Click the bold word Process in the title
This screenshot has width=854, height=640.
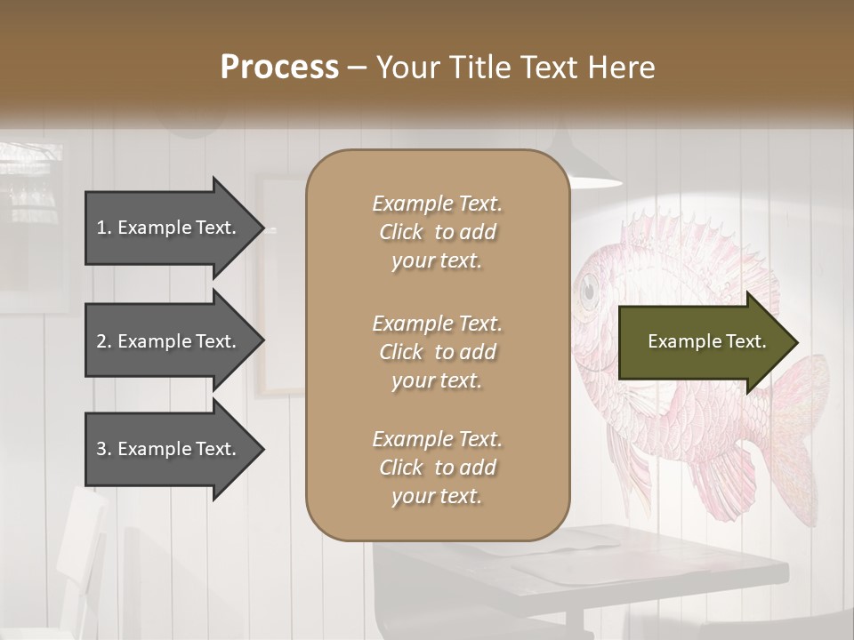pos(279,68)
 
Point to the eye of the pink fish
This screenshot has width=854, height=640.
pos(588,290)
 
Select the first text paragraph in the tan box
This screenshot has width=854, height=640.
pos(437,232)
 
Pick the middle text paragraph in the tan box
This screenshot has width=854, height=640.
pos(437,352)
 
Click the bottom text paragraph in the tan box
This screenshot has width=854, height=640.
pos(437,468)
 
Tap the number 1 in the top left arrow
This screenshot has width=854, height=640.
pos(102,228)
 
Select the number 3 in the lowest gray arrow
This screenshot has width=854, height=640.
pos(102,449)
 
